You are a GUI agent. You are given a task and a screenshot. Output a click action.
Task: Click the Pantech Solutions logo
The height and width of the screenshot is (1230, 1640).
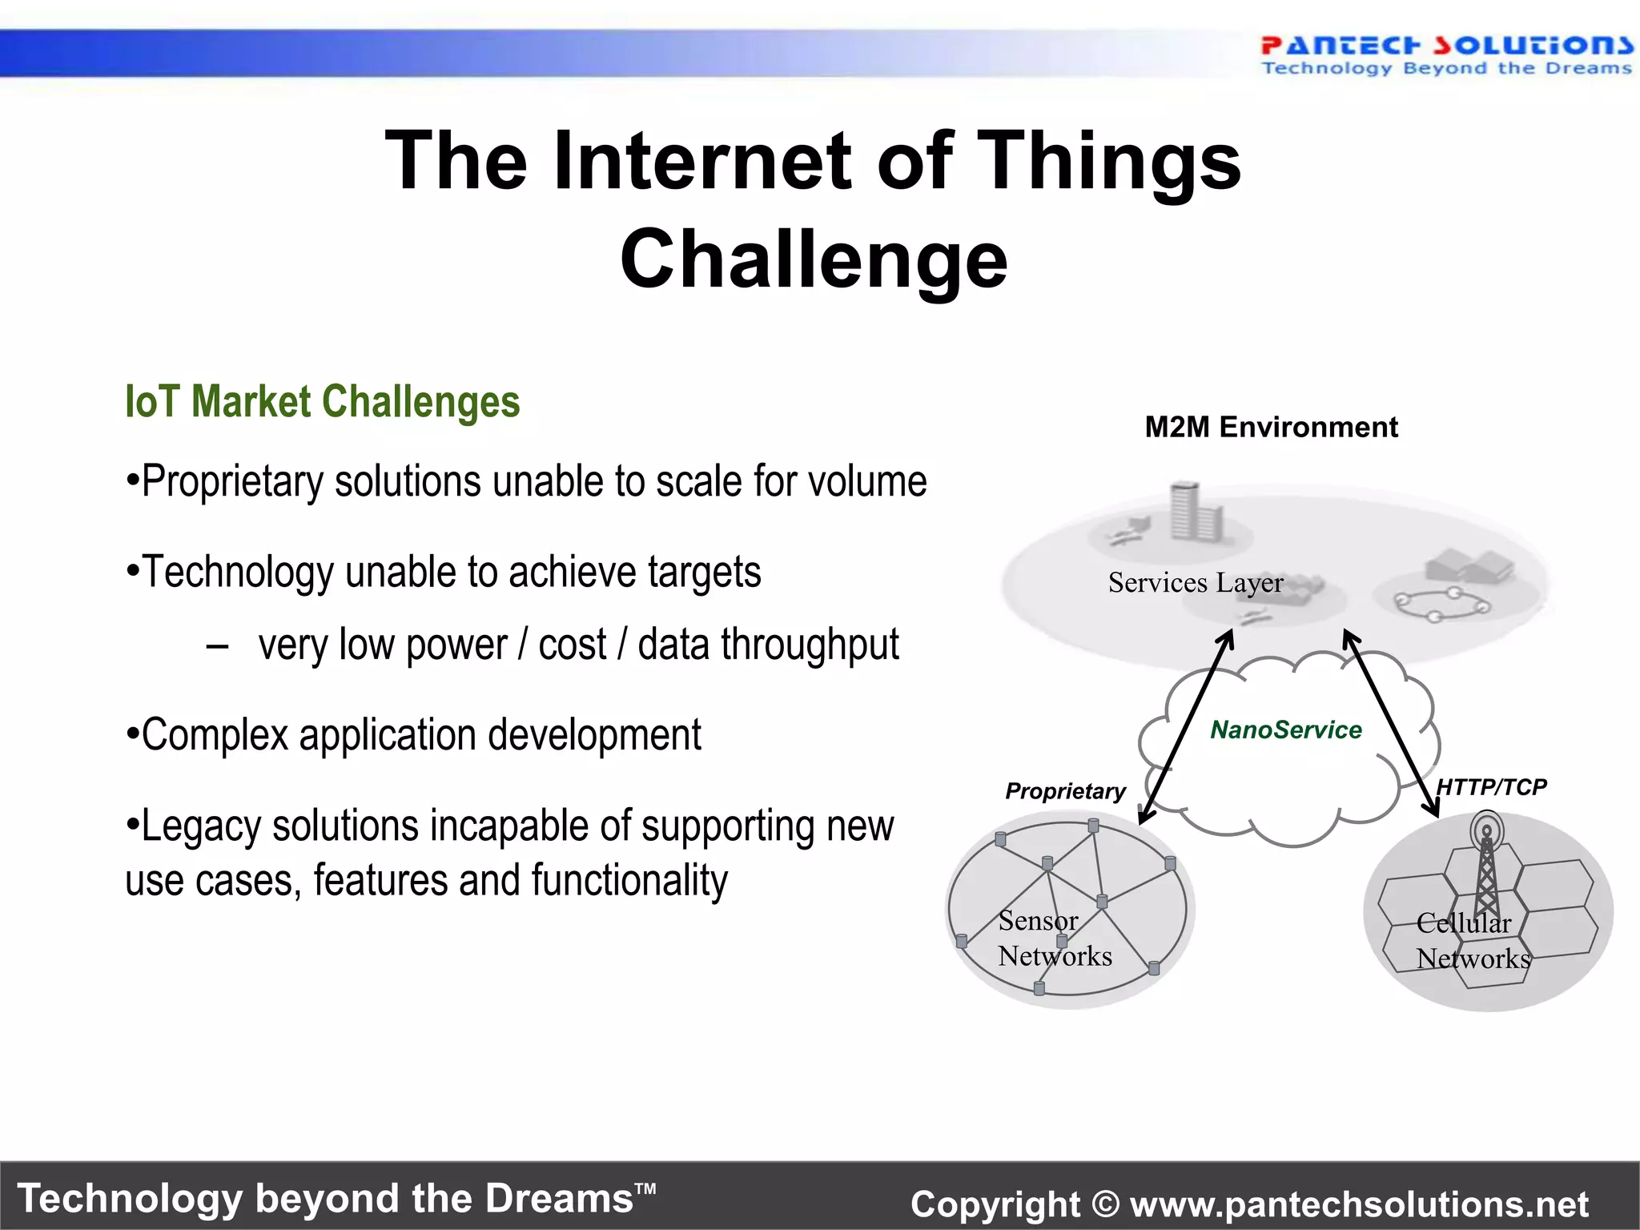(1445, 54)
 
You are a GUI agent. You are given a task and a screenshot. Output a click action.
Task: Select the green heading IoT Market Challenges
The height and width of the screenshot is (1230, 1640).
(322, 401)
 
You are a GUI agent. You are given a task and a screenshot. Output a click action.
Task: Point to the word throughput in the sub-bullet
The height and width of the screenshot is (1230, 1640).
(810, 645)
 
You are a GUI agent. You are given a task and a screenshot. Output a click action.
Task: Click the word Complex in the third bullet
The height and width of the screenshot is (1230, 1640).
(215, 735)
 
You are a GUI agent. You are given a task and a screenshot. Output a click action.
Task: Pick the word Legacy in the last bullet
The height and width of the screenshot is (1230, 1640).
(200, 827)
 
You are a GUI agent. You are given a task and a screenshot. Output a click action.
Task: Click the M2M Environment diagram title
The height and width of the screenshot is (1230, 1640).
(1271, 427)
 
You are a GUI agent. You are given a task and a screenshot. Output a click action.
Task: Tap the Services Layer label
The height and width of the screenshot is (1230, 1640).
(1195, 583)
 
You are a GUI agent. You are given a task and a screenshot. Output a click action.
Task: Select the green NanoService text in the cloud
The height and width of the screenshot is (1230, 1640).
(1285, 730)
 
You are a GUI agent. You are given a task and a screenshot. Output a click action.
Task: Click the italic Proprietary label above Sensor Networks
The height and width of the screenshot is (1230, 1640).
(1065, 791)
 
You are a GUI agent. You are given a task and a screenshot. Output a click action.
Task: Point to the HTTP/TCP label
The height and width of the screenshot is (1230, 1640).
(1491, 786)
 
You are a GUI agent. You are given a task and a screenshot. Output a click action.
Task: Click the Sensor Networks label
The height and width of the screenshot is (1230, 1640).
(1054, 939)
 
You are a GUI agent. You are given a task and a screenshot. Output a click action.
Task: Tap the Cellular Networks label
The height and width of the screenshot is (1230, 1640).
(1472, 941)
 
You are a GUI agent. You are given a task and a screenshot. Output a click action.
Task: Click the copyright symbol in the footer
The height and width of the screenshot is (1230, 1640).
(1105, 1204)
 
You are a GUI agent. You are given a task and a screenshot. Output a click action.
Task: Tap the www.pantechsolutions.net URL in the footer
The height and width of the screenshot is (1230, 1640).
(1359, 1204)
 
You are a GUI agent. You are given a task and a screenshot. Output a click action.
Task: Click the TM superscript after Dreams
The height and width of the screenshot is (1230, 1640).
(645, 1188)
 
